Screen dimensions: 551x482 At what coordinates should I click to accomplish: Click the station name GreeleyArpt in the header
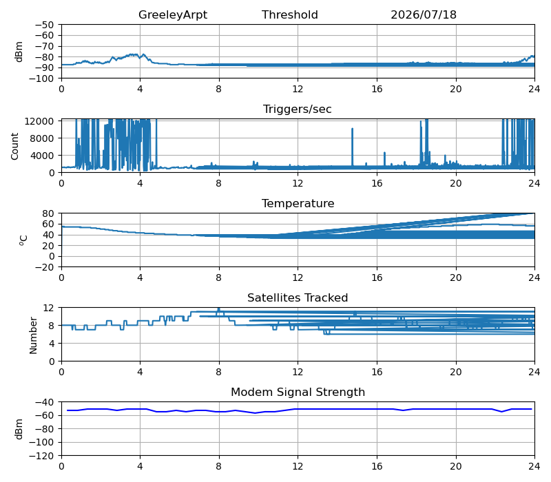click(173, 14)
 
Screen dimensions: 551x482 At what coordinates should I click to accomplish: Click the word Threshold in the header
click(290, 14)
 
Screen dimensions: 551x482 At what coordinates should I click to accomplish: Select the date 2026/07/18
click(424, 14)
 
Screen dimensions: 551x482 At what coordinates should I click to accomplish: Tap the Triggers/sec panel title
click(298, 109)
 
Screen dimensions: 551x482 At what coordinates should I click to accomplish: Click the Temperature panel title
click(298, 203)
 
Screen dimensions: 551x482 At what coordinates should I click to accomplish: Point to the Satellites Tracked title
click(298, 297)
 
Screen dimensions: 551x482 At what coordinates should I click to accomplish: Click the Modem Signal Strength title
click(298, 392)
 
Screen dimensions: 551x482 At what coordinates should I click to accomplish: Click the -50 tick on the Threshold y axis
click(44, 25)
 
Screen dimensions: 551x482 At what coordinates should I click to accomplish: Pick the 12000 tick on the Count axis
click(39, 121)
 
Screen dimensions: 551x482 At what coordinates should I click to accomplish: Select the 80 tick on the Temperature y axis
click(49, 213)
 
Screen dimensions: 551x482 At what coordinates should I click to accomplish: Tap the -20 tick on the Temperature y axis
click(44, 267)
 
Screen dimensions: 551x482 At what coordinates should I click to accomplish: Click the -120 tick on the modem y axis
click(41, 456)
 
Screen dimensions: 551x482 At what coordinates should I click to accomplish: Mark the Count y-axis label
click(14, 146)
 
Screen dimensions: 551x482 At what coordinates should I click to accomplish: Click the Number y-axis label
click(33, 335)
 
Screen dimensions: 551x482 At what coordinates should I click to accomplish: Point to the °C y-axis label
click(23, 240)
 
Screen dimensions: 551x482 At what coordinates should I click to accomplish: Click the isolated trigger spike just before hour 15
click(352, 147)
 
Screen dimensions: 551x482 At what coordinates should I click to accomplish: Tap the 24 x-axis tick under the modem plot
click(534, 466)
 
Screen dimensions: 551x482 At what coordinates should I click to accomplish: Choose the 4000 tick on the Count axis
click(41, 156)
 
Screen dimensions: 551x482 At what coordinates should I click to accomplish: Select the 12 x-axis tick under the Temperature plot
click(298, 277)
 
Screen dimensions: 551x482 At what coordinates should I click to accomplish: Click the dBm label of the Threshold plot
click(19, 52)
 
